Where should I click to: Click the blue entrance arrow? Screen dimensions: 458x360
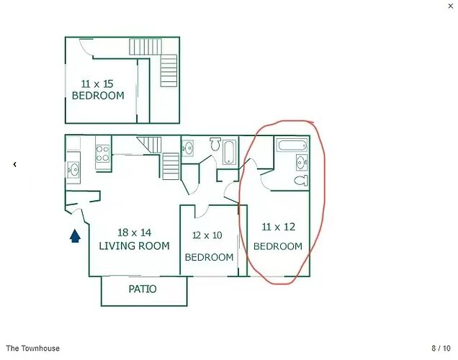click(75, 236)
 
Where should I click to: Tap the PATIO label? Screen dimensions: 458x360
click(143, 289)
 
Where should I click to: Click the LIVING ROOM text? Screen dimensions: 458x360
click(134, 246)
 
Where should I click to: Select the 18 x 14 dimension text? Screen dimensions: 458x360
click(135, 233)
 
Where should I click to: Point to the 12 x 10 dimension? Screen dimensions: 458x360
click(207, 235)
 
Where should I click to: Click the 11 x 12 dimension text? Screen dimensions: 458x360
click(279, 227)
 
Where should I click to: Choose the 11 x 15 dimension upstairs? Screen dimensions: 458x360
click(97, 84)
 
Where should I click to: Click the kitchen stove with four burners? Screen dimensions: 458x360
click(102, 153)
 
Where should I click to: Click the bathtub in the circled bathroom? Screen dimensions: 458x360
click(292, 145)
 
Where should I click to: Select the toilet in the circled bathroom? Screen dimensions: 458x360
click(301, 181)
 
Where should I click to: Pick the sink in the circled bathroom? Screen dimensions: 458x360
click(302, 162)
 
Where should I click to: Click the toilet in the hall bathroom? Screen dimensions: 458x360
click(215, 144)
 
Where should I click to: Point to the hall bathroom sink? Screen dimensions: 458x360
click(188, 148)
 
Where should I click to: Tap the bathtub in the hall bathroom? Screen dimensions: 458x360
click(228, 153)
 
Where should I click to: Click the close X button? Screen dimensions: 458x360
click(450, 6)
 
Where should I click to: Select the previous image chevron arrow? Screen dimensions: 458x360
click(14, 164)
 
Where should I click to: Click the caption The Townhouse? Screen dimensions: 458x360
click(32, 348)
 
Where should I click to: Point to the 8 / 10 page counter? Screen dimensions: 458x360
click(441, 348)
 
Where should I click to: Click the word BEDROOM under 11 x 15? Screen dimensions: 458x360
click(98, 96)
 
